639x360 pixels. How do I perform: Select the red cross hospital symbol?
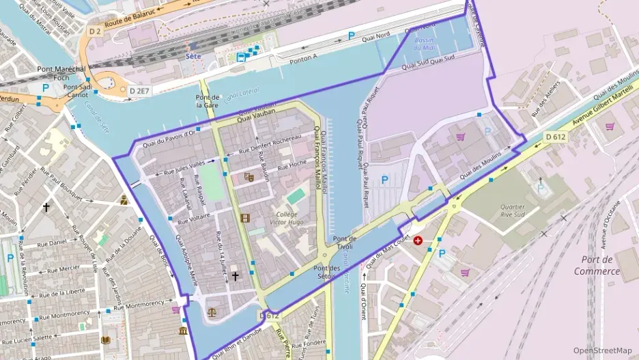(417, 241)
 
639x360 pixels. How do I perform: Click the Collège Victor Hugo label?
(287, 218)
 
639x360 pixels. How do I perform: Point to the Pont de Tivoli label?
(345, 243)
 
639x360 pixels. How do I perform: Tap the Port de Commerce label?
(596, 265)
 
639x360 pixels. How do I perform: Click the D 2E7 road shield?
(139, 90)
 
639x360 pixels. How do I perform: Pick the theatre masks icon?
(248, 177)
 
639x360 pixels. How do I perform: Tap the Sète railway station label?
(194, 56)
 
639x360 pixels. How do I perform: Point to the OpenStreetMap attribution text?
(602, 350)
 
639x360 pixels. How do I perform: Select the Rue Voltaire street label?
(193, 220)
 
